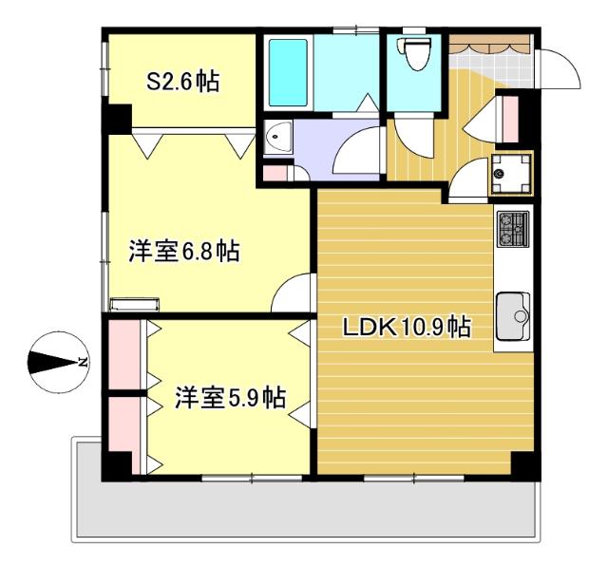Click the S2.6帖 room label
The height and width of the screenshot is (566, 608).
point(181,82)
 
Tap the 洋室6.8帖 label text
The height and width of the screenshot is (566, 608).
point(183,252)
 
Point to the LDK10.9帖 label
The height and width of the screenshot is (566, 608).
point(407,328)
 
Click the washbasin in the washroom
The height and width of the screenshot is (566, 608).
point(278,140)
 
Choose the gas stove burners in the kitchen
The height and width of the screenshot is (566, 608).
point(511,229)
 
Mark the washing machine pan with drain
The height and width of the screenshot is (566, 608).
point(510,174)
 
